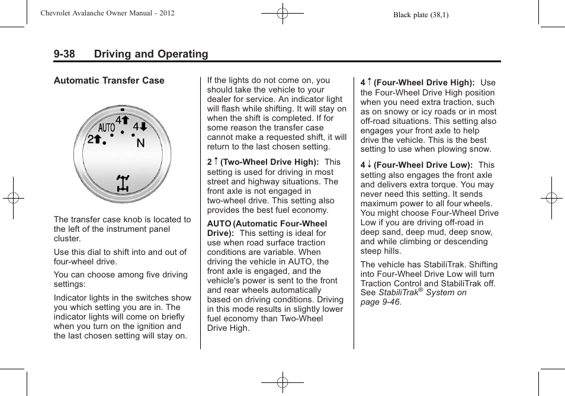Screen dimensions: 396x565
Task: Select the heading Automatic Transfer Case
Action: (x=109, y=81)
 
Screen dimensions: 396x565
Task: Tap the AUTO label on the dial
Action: (x=107, y=128)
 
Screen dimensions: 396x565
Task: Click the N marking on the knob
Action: (x=140, y=143)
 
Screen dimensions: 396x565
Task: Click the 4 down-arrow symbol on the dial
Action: (x=140, y=127)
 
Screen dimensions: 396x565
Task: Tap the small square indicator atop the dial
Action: (x=123, y=110)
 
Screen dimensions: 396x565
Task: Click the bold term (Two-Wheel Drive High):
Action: (x=270, y=162)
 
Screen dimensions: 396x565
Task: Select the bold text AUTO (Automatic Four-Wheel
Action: (x=267, y=223)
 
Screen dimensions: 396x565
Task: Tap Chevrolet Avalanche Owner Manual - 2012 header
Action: (x=107, y=13)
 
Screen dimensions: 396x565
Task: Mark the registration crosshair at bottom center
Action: (x=282, y=382)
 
